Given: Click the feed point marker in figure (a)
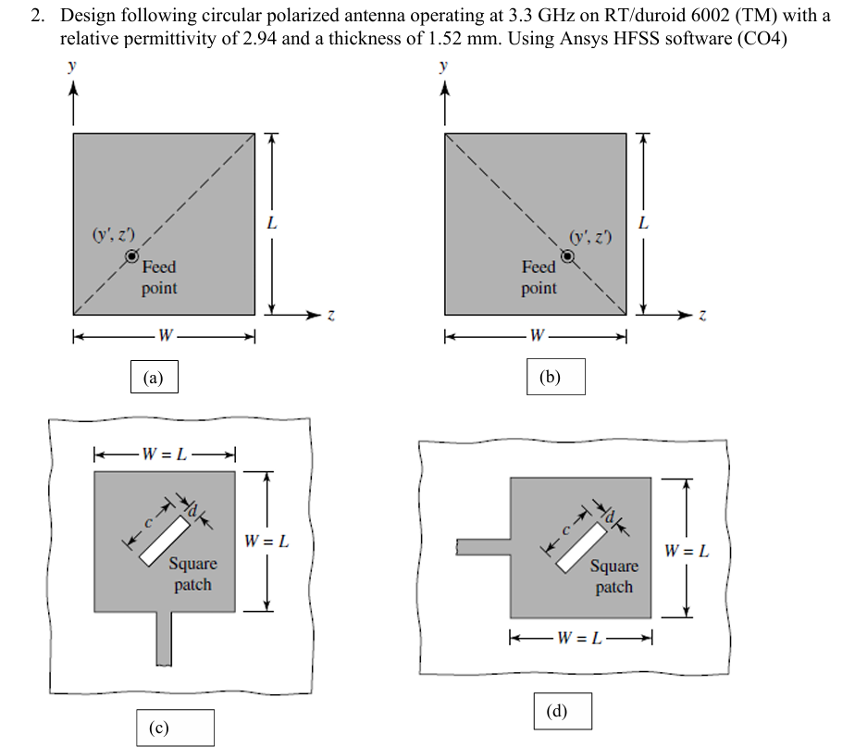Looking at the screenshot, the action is click(131, 255).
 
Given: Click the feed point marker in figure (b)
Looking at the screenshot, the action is click(567, 255).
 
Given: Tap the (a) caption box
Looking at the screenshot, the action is click(155, 377).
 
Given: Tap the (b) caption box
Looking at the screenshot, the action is click(555, 377).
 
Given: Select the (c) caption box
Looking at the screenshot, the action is click(175, 728).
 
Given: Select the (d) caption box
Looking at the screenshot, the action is click(563, 711).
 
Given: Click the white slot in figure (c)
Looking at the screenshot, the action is click(165, 541).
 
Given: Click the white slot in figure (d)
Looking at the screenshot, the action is click(581, 548).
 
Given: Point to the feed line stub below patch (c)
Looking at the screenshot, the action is click(164, 639).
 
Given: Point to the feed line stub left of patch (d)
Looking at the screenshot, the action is click(483, 547).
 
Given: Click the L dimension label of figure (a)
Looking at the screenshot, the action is click(271, 223).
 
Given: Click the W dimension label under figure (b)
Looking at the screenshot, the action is click(537, 335).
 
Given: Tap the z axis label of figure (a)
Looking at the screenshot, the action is click(330, 316).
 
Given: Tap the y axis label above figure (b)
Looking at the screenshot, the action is click(443, 66).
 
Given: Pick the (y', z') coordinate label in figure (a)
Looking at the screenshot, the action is click(113, 234).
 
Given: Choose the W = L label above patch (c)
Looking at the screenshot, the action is click(164, 454).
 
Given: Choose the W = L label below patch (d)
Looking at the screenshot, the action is click(579, 638).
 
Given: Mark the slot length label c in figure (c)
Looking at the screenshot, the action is click(148, 523).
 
